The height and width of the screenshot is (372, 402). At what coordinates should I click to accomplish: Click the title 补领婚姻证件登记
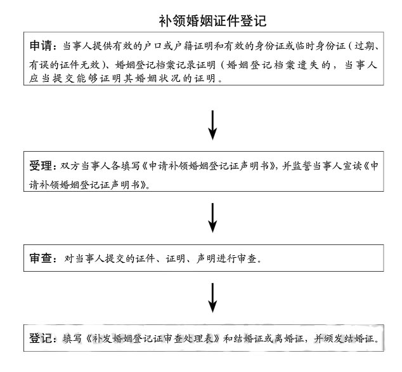point(212,20)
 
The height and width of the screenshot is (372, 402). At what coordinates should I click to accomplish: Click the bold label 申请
point(41,46)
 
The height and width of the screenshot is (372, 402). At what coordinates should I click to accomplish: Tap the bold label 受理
point(41,166)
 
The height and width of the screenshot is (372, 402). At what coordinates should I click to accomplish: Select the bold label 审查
point(41,258)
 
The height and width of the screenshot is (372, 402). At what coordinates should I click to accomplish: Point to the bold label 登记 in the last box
point(41,338)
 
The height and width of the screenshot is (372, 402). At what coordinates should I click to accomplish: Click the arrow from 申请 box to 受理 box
point(212,125)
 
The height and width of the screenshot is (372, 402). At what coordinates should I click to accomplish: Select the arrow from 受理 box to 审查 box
point(212,218)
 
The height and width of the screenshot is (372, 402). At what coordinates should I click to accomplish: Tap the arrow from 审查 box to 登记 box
point(212,298)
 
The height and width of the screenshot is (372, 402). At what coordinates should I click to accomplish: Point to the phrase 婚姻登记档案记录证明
point(165,65)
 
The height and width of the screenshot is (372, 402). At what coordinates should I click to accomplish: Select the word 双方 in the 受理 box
point(70,166)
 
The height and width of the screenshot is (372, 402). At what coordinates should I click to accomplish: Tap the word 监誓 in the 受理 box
point(302,166)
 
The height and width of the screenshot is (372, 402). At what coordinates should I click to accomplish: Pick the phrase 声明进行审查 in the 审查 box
point(226,258)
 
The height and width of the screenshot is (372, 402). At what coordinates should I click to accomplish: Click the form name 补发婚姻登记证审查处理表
point(153,338)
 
